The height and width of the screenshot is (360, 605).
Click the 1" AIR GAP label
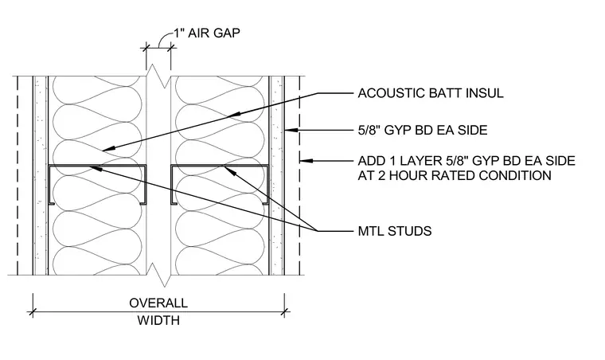206,33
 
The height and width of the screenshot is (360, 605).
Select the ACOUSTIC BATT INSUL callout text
431,93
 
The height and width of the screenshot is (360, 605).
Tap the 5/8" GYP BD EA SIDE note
423,130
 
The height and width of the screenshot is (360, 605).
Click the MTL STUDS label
395,231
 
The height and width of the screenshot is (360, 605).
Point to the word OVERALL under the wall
158,303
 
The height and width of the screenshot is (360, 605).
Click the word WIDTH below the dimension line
158,320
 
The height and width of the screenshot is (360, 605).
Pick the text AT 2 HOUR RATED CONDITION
455,175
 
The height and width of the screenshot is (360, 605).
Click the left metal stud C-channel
98,185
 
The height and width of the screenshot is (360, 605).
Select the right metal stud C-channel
220,185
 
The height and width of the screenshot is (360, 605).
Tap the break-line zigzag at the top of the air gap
158,76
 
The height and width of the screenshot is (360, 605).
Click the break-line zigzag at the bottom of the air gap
158,275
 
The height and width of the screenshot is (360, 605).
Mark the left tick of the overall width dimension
33,311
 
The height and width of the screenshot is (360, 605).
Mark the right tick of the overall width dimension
284,311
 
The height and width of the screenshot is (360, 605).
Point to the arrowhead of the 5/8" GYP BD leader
292,130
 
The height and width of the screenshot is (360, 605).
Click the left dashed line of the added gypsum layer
18,175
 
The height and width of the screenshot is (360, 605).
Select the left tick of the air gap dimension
146,48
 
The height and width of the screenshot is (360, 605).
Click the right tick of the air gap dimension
171,48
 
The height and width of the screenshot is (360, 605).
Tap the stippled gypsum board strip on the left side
41,175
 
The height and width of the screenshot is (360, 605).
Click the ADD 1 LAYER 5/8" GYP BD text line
466,161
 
